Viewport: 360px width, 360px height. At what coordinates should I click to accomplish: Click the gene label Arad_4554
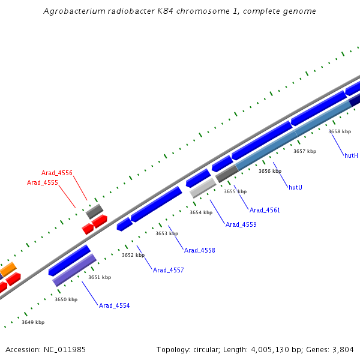click(x=114, y=306)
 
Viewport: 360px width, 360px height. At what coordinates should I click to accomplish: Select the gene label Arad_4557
click(x=168, y=271)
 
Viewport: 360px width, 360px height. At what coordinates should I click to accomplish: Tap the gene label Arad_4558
click(x=199, y=251)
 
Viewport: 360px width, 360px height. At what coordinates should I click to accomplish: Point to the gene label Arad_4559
click(x=241, y=224)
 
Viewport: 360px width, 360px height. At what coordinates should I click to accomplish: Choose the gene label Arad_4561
click(x=265, y=211)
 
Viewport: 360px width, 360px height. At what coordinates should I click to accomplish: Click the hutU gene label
click(x=295, y=188)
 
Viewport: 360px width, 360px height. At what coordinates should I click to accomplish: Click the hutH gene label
click(x=351, y=156)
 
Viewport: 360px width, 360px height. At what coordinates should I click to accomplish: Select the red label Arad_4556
click(x=57, y=173)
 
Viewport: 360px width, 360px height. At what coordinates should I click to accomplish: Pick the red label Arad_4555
click(x=43, y=182)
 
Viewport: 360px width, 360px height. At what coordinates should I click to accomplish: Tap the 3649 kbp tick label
click(x=33, y=322)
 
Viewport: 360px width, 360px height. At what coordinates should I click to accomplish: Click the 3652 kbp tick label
click(x=133, y=256)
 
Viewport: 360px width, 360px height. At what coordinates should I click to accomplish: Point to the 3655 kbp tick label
click(x=235, y=191)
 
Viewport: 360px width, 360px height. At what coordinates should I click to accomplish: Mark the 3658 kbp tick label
click(x=340, y=131)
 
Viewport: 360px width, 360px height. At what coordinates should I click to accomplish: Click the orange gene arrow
click(x=8, y=270)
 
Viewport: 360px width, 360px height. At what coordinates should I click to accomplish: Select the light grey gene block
click(x=203, y=188)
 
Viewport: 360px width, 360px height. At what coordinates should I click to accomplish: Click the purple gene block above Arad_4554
click(x=74, y=270)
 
